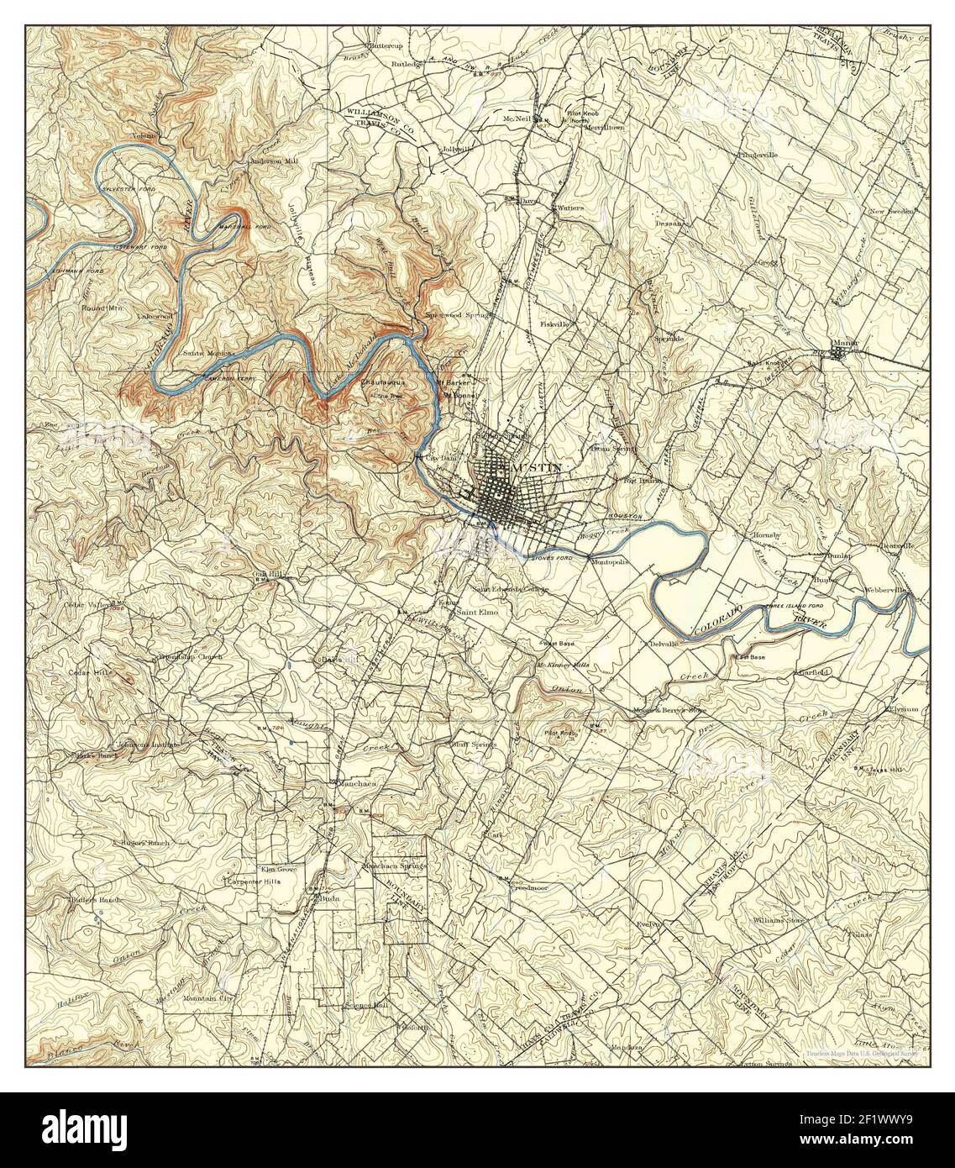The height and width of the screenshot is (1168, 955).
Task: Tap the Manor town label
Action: pyautogui.click(x=842, y=343)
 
